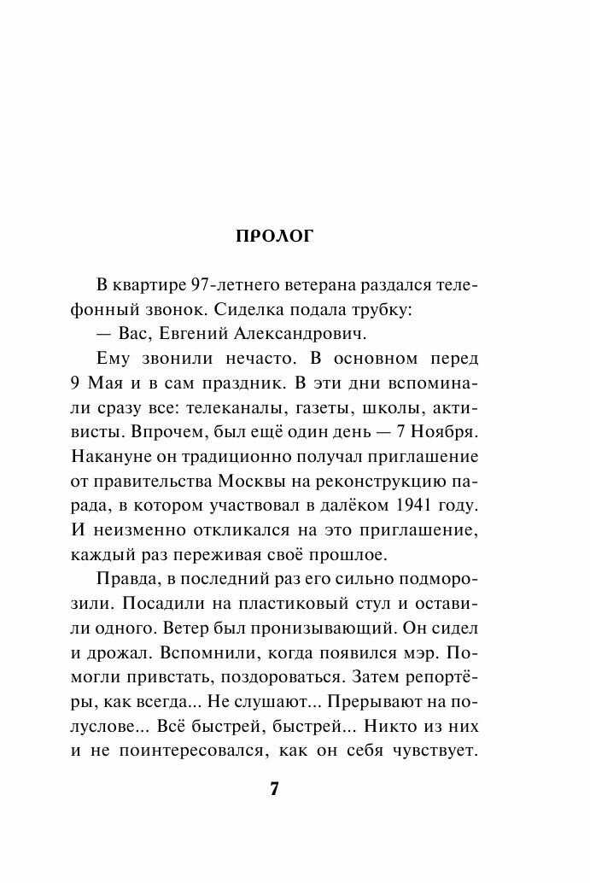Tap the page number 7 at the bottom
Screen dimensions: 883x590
coord(274,788)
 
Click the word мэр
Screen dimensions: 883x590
coord(441,651)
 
